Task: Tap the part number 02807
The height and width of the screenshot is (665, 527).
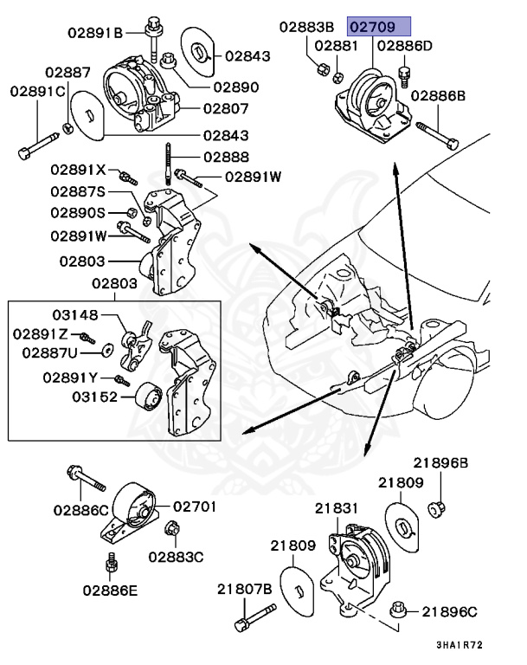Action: pos(226,109)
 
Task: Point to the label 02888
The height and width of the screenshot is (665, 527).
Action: pos(226,158)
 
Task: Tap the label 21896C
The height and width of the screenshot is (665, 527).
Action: pos(449,612)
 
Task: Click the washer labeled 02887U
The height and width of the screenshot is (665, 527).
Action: pos(107,351)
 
